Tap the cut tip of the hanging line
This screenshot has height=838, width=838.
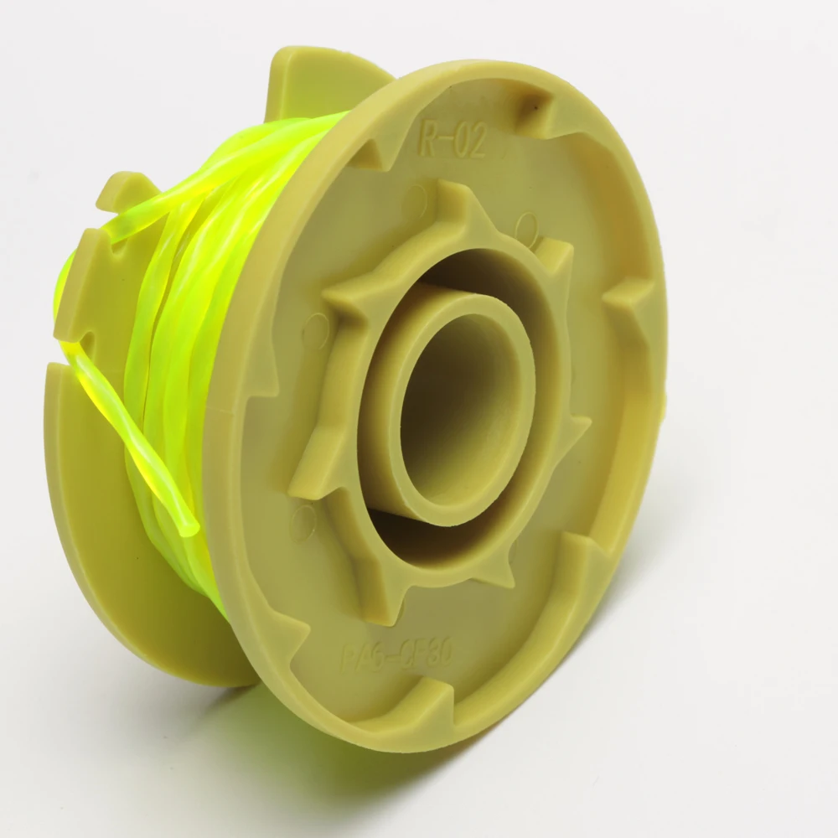click(x=191, y=527)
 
